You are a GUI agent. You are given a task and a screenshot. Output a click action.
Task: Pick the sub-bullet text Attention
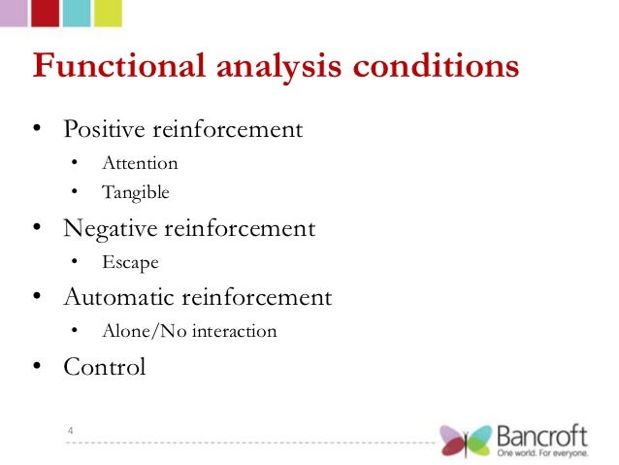click(140, 163)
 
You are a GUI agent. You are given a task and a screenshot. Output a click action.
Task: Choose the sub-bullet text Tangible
click(136, 192)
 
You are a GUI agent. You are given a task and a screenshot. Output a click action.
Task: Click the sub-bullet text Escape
click(130, 262)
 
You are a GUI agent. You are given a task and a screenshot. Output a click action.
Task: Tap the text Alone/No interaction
click(189, 331)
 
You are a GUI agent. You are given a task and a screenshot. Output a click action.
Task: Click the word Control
click(104, 367)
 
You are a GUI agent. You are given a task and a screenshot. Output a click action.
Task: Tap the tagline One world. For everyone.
click(541, 452)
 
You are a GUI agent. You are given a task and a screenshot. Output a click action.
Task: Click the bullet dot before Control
click(37, 368)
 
